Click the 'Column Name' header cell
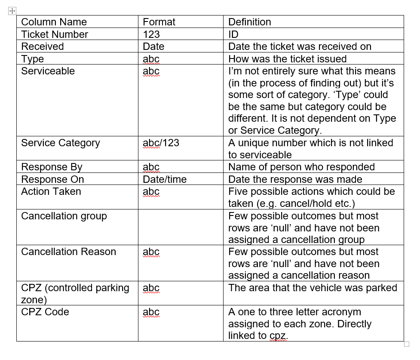pyautogui.click(x=54, y=22)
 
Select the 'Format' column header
pyautogui.click(x=159, y=22)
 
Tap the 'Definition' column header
pyautogui.click(x=249, y=22)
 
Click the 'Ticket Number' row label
pyautogui.click(x=55, y=34)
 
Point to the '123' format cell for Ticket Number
pyautogui.click(x=151, y=34)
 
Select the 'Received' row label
pyautogui.click(x=42, y=46)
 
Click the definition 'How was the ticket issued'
pyautogui.click(x=287, y=58)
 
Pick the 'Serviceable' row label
pyautogui.click(x=48, y=71)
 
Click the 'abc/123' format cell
pyautogui.click(x=161, y=143)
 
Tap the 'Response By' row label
pyautogui.click(x=52, y=167)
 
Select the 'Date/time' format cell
pyautogui.click(x=165, y=179)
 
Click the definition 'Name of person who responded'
pyautogui.click(x=301, y=167)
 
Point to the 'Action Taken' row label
pyautogui.click(x=51, y=191)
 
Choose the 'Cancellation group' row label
pyautogui.click(x=64, y=216)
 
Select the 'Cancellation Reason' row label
pyautogui.click(x=68, y=252)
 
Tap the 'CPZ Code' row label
pyautogui.click(x=45, y=312)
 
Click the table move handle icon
pyautogui.click(x=12, y=11)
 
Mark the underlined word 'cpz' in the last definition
pyautogui.click(x=278, y=336)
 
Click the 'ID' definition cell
pyautogui.click(x=233, y=34)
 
